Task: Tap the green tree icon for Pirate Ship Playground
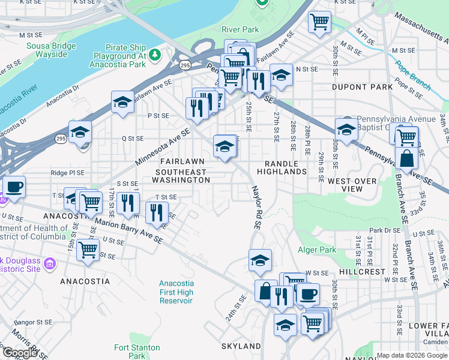click(155, 55)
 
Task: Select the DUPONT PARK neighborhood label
click(362, 87)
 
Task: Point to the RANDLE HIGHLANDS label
click(282, 167)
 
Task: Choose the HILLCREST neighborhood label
click(361, 271)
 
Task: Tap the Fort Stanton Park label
click(137, 352)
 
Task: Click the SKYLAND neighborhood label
click(241, 346)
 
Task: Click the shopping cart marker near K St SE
click(320, 22)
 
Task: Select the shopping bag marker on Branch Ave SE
click(407, 159)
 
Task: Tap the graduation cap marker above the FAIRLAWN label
click(224, 145)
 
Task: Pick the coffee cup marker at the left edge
click(14, 186)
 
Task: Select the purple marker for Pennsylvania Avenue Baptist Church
click(347, 119)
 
